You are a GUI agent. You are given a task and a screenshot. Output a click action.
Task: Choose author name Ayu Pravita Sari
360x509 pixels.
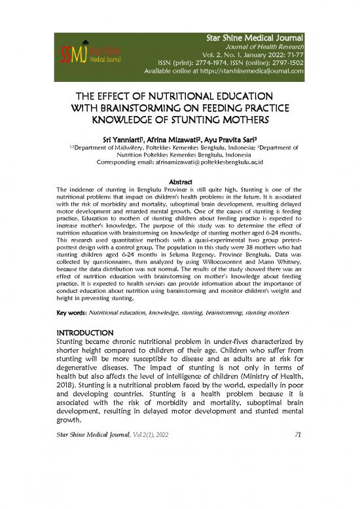(231, 139)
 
